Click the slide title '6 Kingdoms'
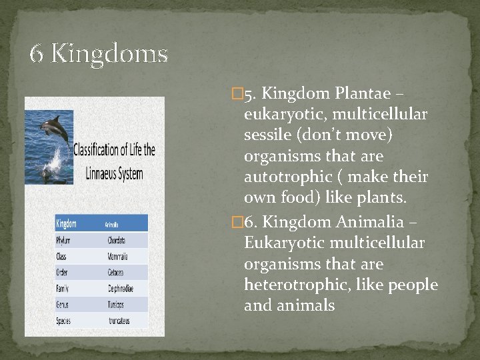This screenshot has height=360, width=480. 99,53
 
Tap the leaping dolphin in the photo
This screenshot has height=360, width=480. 53,130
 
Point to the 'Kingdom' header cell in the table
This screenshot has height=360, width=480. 67,223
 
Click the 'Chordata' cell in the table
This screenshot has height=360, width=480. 117,240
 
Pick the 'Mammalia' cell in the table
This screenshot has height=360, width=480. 117,256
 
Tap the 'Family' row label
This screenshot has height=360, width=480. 65,288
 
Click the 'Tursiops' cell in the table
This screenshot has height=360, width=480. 116,304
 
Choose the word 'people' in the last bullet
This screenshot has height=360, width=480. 413,286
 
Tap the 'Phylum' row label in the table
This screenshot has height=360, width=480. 65,240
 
